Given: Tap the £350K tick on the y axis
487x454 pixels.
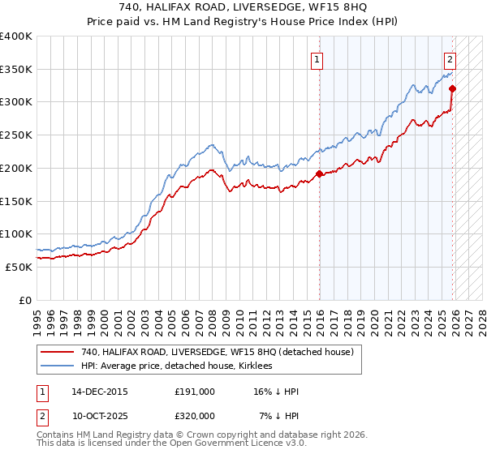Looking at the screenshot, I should [x=16, y=69].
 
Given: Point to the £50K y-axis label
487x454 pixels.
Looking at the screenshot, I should [x=19, y=267].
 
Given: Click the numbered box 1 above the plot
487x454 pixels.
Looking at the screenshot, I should [x=316, y=58].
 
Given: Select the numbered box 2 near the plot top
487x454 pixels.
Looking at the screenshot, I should [x=450, y=58].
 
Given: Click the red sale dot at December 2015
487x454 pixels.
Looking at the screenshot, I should [x=319, y=173].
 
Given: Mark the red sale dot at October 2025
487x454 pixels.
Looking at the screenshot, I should [x=452, y=88].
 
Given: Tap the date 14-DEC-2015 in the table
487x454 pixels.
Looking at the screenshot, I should [x=100, y=391].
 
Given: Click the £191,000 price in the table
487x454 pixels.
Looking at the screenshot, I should [x=195, y=391].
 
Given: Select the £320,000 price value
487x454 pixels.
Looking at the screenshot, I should [x=195, y=415].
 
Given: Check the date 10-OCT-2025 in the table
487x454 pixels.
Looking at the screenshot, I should [x=100, y=415].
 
